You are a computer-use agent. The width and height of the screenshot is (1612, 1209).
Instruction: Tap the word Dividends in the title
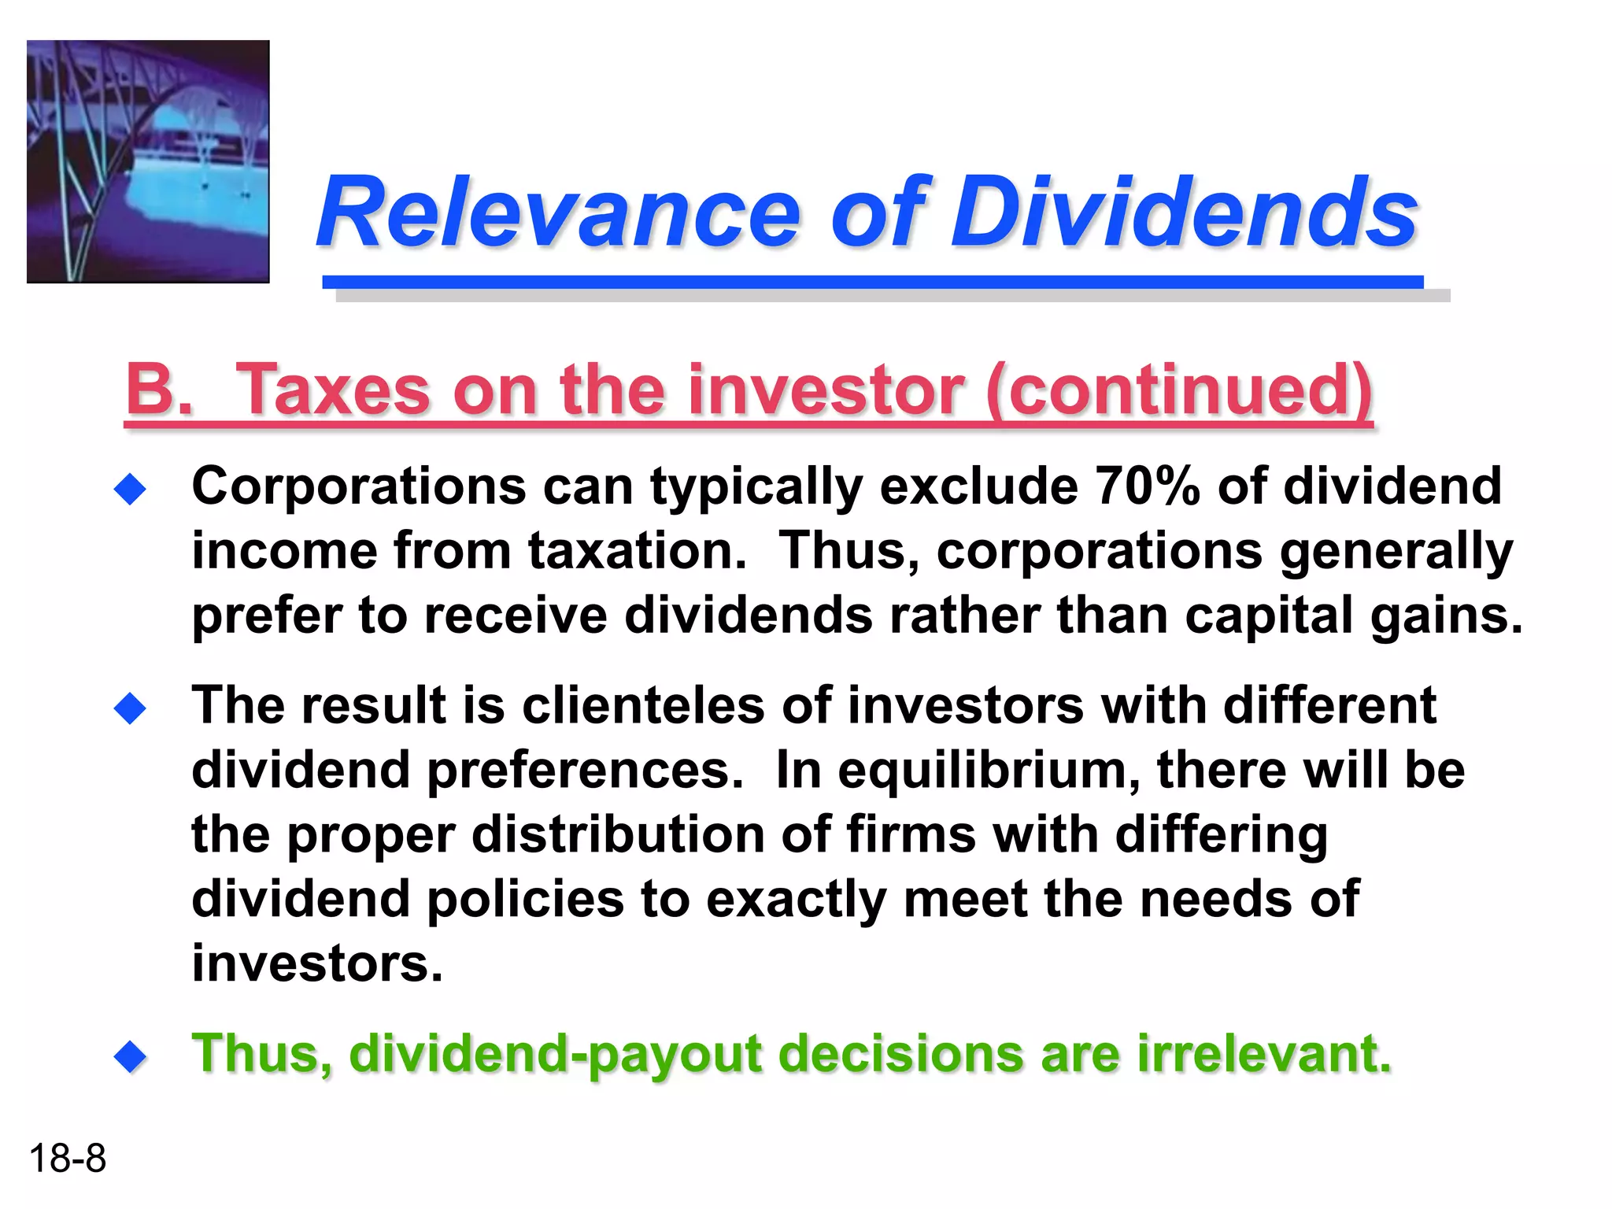point(1184,213)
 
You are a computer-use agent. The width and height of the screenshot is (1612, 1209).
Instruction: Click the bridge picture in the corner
point(148,161)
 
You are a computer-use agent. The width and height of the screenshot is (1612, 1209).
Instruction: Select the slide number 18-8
point(67,1159)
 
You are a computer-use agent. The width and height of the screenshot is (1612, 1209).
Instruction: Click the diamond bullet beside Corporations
point(130,490)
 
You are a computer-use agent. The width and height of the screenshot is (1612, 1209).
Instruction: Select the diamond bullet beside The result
point(130,708)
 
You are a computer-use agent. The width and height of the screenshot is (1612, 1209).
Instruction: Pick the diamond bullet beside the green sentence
point(130,1056)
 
